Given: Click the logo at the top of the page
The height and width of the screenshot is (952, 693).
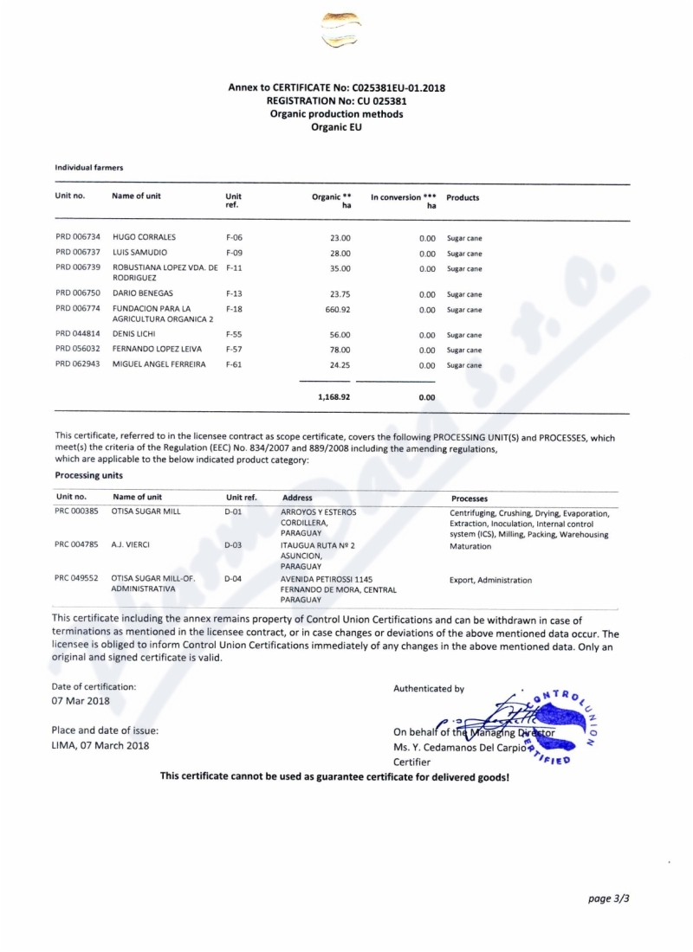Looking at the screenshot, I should pyautogui.click(x=341, y=30).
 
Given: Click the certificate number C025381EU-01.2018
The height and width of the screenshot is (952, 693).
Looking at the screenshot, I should pyautogui.click(x=397, y=87).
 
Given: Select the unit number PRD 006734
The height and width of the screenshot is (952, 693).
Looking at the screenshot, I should pyautogui.click(x=78, y=237).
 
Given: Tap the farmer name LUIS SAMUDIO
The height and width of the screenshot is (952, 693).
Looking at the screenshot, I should pyautogui.click(x=139, y=253).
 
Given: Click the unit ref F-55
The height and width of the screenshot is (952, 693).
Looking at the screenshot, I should pyautogui.click(x=233, y=335).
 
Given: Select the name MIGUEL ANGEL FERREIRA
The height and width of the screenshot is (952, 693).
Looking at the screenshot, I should pyautogui.click(x=159, y=365).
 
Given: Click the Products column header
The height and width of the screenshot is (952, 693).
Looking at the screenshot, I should pyautogui.click(x=463, y=198).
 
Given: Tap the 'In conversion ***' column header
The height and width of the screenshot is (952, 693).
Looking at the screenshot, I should pyautogui.click(x=403, y=197).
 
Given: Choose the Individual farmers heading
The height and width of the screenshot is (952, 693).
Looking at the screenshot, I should pyautogui.click(x=89, y=167).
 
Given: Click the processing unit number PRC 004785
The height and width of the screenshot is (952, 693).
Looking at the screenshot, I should pyautogui.click(x=77, y=545).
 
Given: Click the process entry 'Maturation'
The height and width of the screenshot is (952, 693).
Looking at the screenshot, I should pyautogui.click(x=470, y=547).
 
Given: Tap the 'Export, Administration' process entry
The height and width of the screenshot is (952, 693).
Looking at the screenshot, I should pyautogui.click(x=491, y=580).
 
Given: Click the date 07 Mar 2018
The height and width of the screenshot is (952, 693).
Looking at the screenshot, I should pyautogui.click(x=81, y=701).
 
